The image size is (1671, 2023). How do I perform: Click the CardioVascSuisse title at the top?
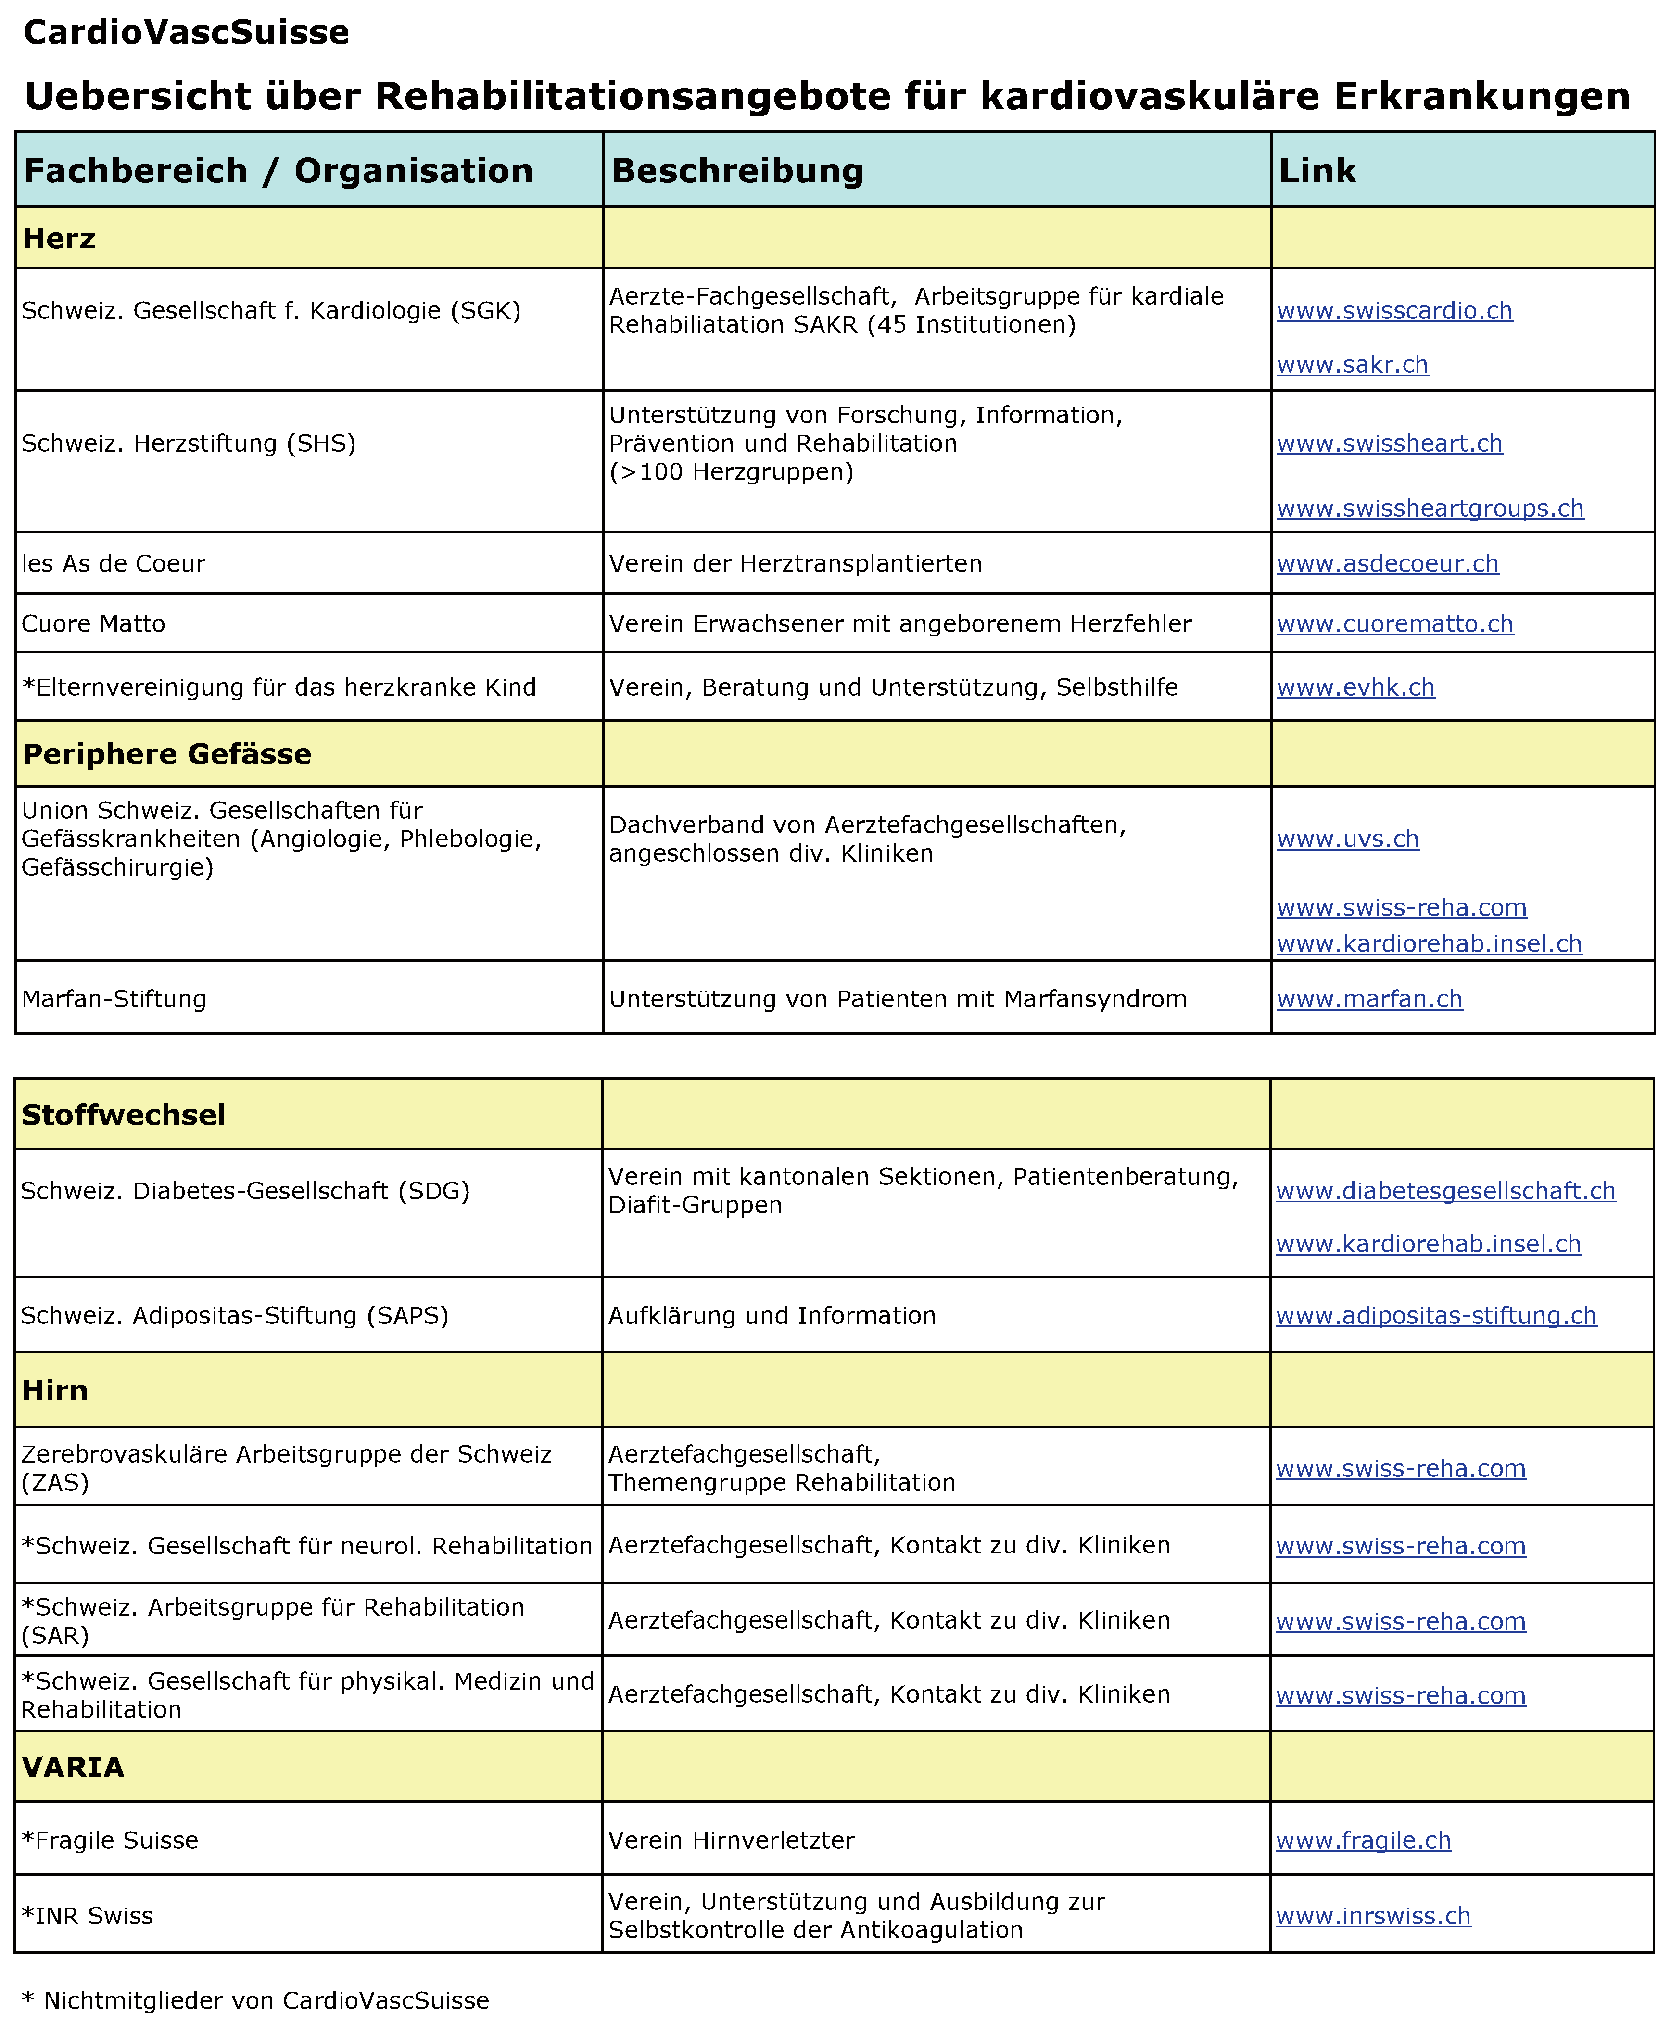[186, 33]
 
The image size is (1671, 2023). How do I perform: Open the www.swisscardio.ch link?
[1394, 311]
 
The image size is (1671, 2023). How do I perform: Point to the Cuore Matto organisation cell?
[93, 624]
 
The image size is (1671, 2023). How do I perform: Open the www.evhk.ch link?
[1355, 687]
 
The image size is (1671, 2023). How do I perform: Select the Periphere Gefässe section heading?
[166, 754]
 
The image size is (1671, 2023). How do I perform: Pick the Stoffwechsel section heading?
[123, 1115]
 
